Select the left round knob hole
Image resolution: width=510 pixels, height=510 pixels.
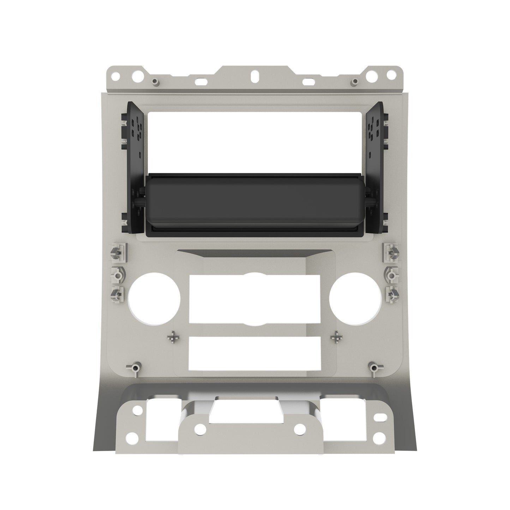pos(154,299)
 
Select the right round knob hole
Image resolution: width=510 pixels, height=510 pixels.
pos(355,299)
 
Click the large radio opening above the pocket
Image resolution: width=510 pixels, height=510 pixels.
pos(255,141)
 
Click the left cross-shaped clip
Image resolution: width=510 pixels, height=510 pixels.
pos(173,337)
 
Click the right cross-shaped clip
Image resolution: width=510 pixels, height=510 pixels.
pos(336,337)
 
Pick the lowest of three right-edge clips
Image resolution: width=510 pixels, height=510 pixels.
pos(392,293)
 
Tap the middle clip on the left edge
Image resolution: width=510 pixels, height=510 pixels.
pos(117,274)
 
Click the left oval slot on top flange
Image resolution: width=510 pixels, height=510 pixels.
pos(202,81)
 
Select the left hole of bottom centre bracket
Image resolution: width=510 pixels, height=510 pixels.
pos(200,428)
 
